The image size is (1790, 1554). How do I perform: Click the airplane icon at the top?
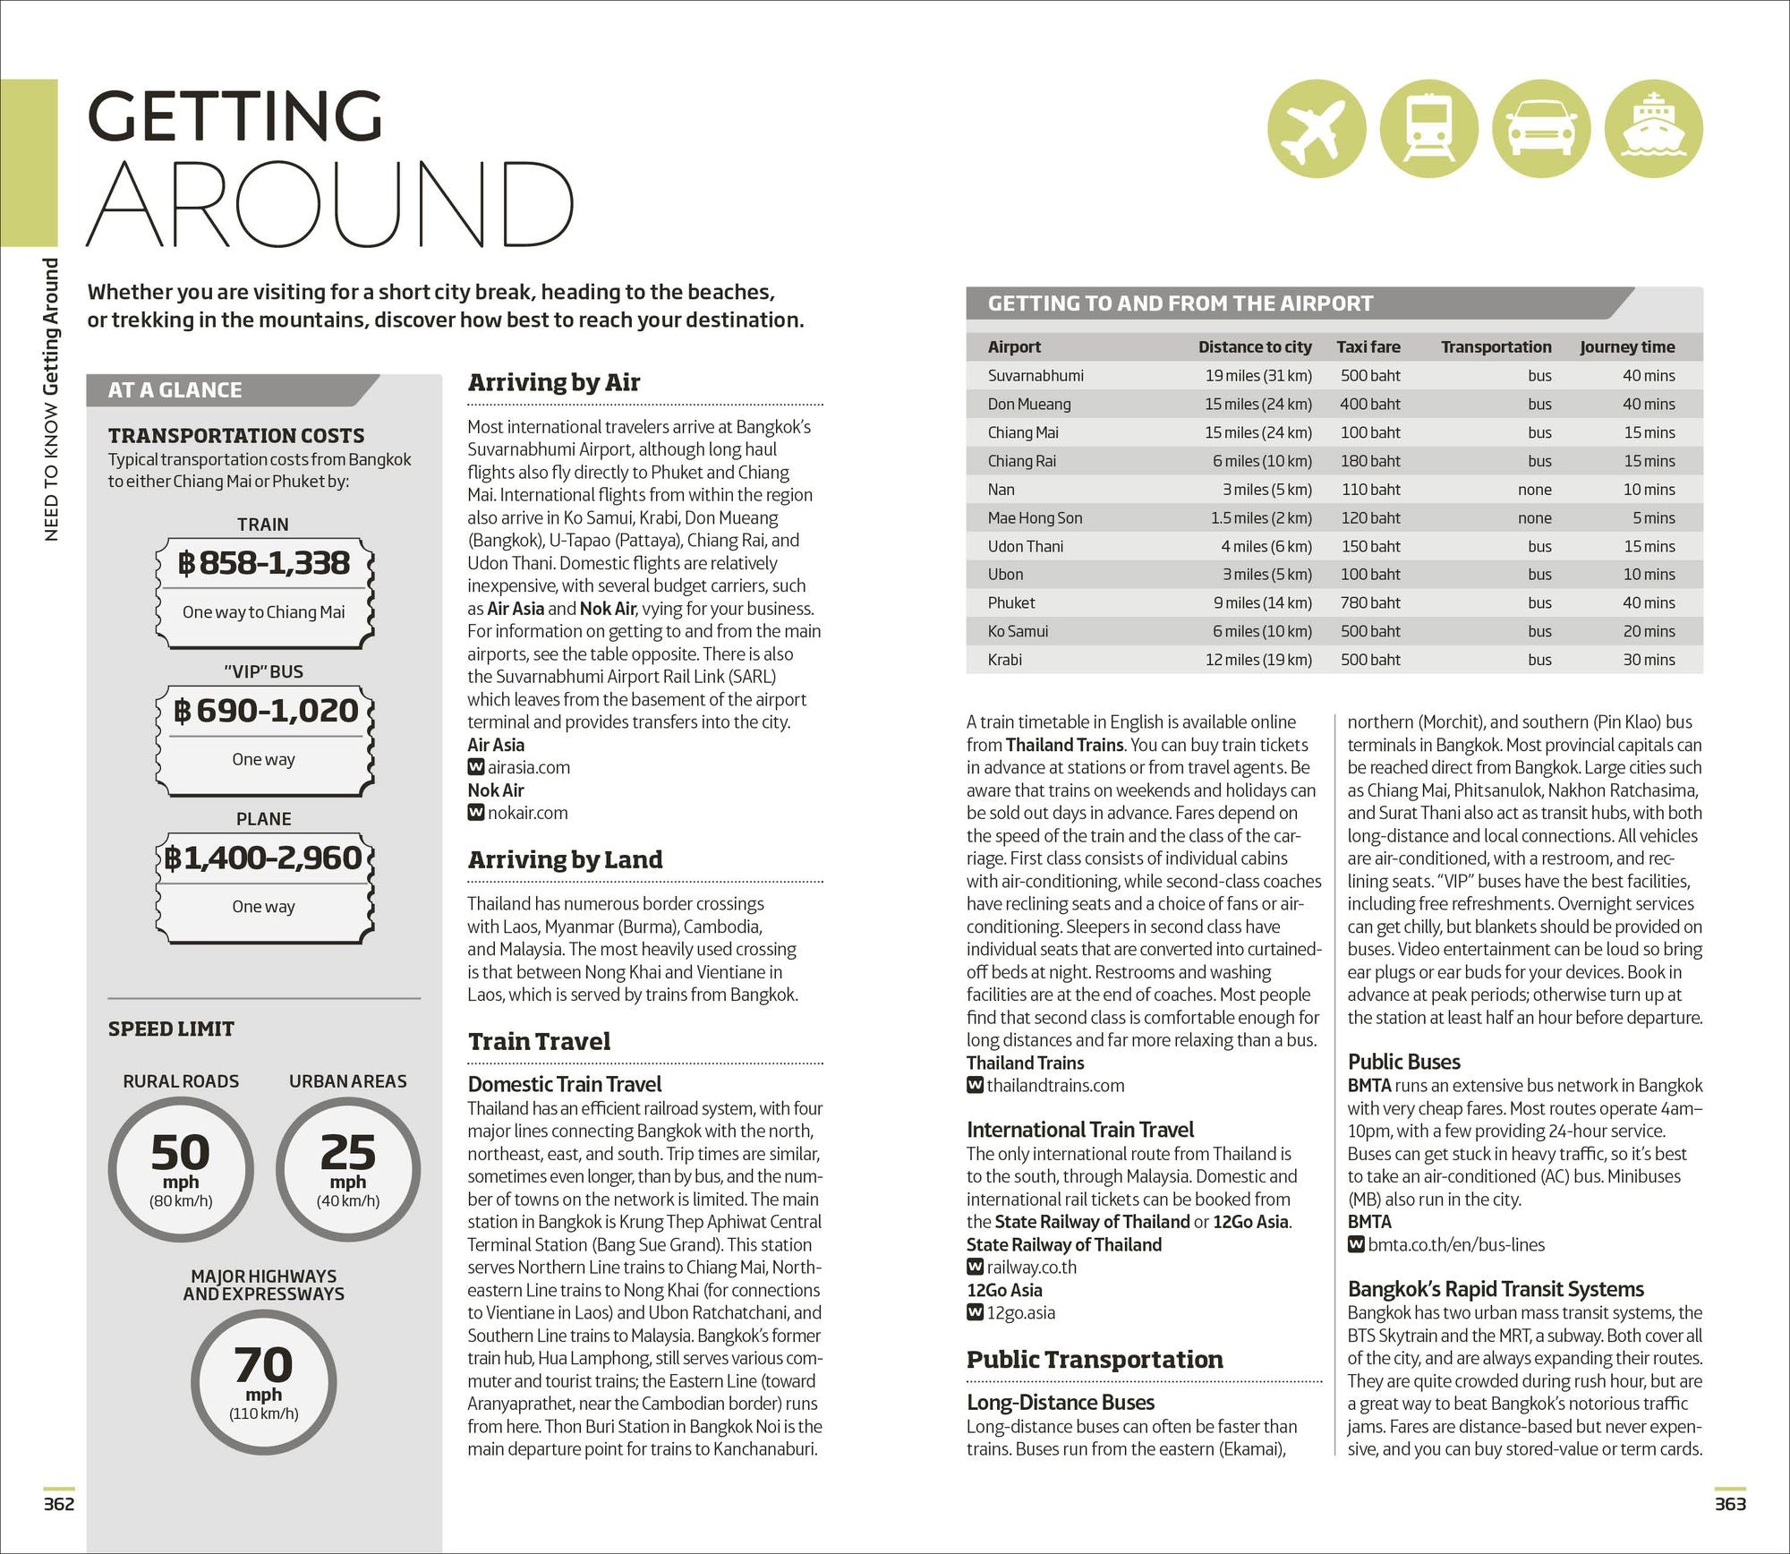tap(1317, 128)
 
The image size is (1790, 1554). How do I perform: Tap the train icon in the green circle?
tap(1428, 128)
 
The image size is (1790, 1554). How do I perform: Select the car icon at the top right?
tap(1542, 128)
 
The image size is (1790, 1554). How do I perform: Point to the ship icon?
tap(1653, 128)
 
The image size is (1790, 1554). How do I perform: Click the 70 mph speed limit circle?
tap(264, 1381)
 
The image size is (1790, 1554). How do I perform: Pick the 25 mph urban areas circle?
tap(348, 1169)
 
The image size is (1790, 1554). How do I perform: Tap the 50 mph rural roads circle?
tap(181, 1169)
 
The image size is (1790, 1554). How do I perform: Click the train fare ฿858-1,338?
tap(264, 563)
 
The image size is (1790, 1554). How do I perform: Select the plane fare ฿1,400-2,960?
tap(264, 858)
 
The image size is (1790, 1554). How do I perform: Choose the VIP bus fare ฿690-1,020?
tap(264, 711)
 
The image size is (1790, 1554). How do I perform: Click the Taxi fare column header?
tap(1368, 347)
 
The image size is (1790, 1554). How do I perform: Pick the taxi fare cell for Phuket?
tap(1369, 603)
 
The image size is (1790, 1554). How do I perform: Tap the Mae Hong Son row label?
tap(1035, 518)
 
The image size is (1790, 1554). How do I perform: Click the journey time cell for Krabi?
tap(1649, 660)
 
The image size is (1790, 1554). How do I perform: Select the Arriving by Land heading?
tap(565, 860)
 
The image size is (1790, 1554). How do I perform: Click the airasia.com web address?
tap(528, 767)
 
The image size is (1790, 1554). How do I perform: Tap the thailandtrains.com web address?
tap(1054, 1086)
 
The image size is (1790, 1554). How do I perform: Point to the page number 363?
tap(1729, 1504)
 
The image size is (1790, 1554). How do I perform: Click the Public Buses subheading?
tap(1403, 1062)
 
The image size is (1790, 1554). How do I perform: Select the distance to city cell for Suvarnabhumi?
tap(1257, 376)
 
